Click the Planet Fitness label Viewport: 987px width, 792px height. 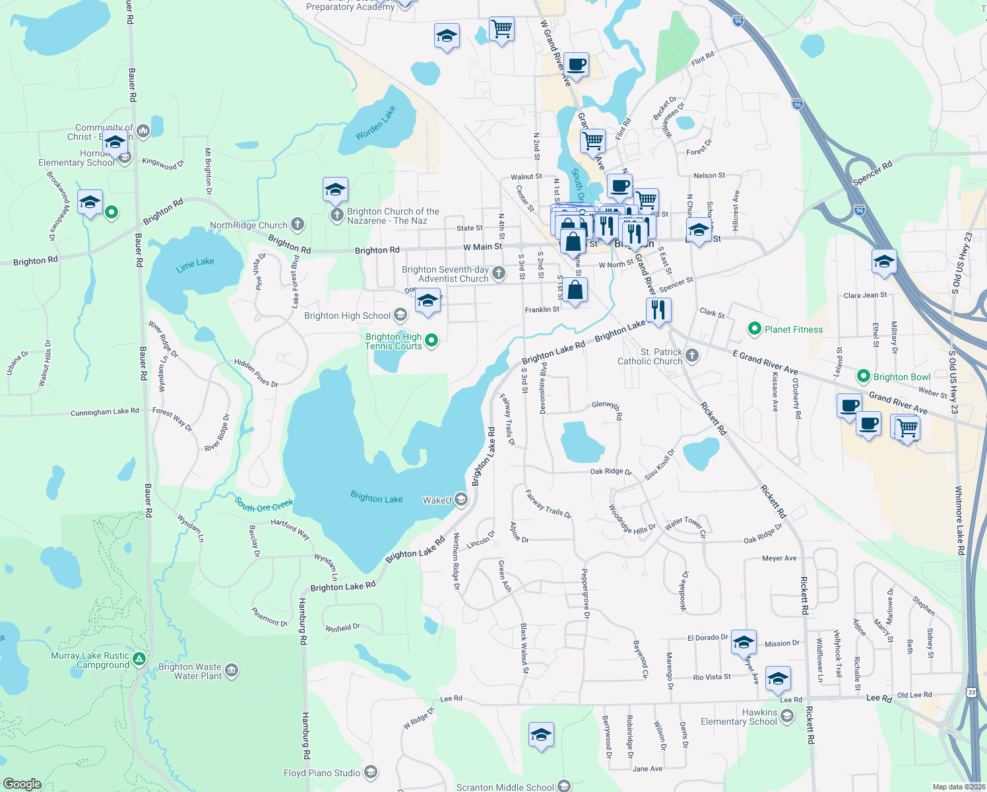793,329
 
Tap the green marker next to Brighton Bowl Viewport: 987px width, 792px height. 863,376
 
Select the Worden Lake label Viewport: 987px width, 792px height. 375,123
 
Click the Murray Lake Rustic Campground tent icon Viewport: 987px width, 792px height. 139,659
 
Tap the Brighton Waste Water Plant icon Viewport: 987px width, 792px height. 232,671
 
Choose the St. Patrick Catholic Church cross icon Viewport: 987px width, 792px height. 692,356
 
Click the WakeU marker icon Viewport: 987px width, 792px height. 461,500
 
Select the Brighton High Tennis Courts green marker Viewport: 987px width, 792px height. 431,341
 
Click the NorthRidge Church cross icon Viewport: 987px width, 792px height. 298,224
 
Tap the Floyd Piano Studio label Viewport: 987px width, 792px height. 322,773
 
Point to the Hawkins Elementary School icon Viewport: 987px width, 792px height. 786,715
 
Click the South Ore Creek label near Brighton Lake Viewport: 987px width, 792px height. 264,505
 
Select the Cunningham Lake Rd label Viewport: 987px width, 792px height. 105,412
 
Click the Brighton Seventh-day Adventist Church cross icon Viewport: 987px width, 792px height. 499,273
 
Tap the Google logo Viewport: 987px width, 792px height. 22,784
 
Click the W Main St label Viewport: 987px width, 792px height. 482,247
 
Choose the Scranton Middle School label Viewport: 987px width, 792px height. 505,787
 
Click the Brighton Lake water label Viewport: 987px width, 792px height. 376,498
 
